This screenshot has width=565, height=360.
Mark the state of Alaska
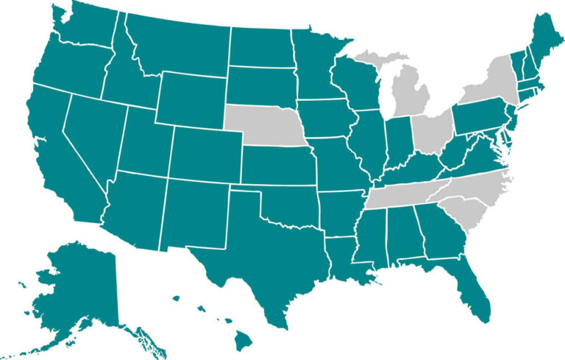(x=81, y=287)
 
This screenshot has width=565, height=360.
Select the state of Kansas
(x=276, y=165)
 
